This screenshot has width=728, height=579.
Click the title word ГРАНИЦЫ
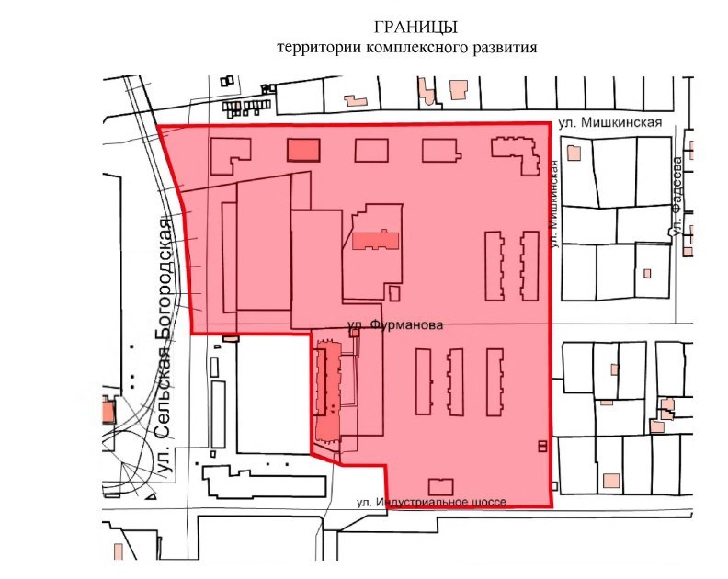tap(415, 28)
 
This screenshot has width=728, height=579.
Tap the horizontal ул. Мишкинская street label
tap(610, 122)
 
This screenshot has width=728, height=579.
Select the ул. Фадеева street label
tap(677, 197)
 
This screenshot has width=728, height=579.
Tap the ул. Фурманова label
tap(395, 325)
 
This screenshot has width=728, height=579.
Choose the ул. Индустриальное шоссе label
tap(431, 502)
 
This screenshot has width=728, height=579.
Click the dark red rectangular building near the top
tap(303, 150)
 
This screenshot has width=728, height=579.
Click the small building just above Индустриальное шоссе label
tap(440, 487)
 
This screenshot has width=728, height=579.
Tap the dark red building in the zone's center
tap(376, 240)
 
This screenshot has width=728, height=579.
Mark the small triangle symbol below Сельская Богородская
tap(151, 496)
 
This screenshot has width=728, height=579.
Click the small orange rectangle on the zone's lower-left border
tap(231, 338)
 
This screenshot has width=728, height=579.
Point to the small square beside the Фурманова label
tap(354, 333)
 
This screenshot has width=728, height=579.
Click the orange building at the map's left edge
tap(108, 410)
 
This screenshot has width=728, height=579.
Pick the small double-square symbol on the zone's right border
tap(542, 447)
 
